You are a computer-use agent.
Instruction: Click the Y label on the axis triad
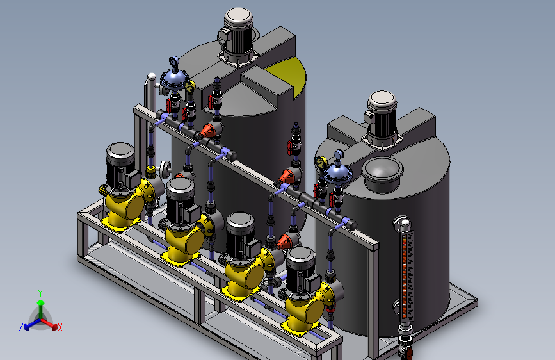coord(40,293)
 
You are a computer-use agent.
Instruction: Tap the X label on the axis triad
coord(60,327)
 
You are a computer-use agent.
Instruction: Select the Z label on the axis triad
coord(21,327)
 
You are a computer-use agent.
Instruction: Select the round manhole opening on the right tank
coord(382,174)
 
